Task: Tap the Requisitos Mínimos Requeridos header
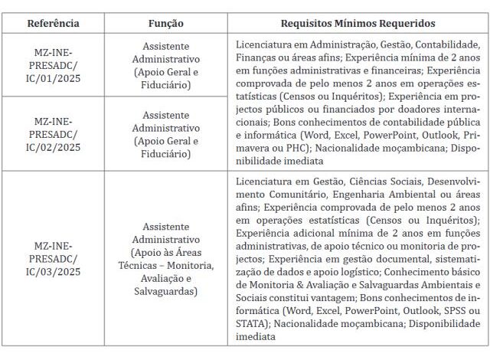(358, 23)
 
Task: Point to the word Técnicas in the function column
(153, 265)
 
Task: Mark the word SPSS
(454, 311)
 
